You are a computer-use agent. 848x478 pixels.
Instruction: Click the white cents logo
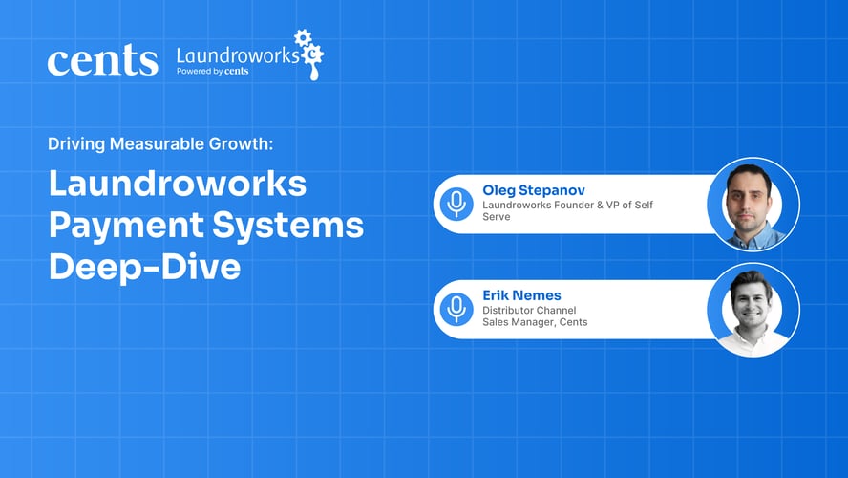tap(102, 61)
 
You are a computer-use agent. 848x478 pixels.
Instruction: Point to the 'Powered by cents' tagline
tap(212, 71)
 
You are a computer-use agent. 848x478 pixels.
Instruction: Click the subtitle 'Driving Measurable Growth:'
tap(160, 144)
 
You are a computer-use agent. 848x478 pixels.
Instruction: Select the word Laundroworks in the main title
tap(178, 184)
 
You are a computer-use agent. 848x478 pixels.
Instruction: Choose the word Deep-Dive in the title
tap(144, 267)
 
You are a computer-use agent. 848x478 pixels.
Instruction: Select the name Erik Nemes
tap(520, 294)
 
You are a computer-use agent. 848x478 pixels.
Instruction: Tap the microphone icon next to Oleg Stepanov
tap(456, 203)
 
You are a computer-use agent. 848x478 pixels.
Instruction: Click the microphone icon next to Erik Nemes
tap(456, 308)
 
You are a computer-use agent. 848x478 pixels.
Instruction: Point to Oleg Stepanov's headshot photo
tap(753, 204)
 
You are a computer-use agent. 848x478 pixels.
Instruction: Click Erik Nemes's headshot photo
tap(753, 310)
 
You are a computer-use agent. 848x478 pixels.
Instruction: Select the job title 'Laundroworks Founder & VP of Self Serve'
tap(567, 210)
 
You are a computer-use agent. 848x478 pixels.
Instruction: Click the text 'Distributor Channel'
tap(529, 309)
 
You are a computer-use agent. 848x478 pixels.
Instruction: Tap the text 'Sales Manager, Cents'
tap(535, 322)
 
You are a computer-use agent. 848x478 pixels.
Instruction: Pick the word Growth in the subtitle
tap(245, 144)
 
